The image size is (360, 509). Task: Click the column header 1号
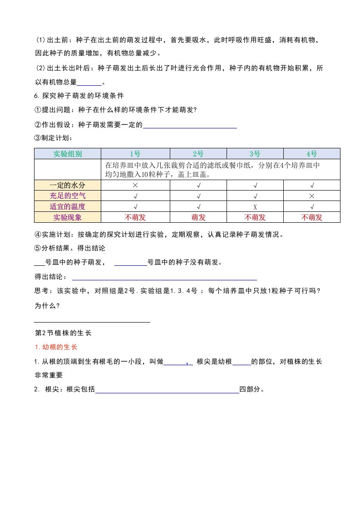[135, 153]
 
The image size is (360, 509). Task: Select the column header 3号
[255, 153]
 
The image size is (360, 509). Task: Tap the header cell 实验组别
[68, 153]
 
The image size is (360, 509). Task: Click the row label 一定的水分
[68, 185]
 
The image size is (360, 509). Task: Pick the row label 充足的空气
[68, 196]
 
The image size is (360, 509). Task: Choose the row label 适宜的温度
[68, 206]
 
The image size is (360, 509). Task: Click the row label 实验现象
[68, 217]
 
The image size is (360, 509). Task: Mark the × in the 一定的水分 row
[135, 185]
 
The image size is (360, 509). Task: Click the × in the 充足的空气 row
[312, 196]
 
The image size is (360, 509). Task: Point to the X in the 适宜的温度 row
[255, 207]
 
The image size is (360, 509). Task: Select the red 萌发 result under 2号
[198, 217]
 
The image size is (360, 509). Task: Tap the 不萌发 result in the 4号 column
[312, 217]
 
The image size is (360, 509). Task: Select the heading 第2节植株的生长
[63, 333]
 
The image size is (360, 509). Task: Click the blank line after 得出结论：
[164, 278]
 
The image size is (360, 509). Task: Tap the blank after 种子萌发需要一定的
[190, 126]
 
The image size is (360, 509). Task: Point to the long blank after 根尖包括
[167, 390]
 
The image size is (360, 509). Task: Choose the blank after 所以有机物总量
[89, 83]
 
